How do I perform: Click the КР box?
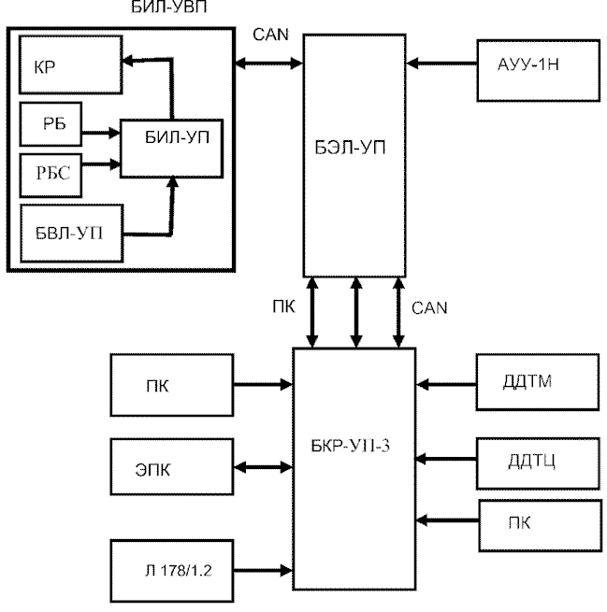(71, 64)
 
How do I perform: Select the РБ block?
(51, 124)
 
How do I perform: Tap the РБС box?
(51, 176)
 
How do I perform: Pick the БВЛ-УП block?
(72, 233)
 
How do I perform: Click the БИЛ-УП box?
(171, 149)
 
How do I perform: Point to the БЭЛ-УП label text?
(350, 148)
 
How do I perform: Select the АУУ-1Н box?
(538, 71)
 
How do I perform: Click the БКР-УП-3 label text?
(350, 446)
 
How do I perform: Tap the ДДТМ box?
(538, 382)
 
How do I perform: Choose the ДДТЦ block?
(538, 463)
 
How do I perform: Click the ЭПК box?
(172, 467)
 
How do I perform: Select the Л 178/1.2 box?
(172, 571)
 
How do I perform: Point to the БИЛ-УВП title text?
(168, 7)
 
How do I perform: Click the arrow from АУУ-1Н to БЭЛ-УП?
(441, 64)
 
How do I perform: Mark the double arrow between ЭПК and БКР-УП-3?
(263, 467)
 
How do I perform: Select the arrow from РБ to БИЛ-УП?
(101, 133)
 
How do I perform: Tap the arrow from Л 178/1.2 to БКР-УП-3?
(263, 571)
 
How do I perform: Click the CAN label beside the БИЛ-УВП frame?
(270, 35)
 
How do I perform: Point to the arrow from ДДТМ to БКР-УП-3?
(446, 384)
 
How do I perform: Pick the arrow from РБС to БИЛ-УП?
(101, 164)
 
